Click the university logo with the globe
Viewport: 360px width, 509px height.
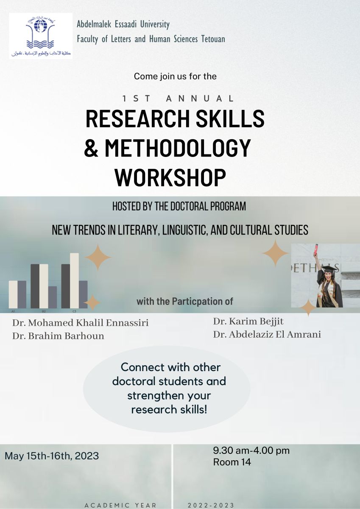point(41,36)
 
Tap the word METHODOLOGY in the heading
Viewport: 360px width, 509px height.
point(177,148)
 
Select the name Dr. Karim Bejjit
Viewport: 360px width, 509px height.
point(248,322)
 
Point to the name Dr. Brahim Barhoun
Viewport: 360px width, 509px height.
point(58,336)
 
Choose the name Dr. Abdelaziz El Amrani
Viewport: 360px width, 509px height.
point(267,335)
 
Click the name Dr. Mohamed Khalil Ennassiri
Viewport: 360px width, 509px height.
point(81,323)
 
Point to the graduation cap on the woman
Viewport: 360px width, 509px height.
point(329,269)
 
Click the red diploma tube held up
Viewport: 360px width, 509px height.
point(316,249)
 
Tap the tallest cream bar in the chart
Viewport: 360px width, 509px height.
point(74,281)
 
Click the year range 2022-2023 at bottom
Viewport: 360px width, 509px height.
point(211,505)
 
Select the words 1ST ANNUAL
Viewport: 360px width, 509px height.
point(178,98)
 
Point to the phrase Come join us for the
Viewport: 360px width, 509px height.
point(175,76)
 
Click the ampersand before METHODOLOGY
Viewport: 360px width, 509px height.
point(91,148)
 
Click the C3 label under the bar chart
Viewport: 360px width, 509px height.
point(74,311)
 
